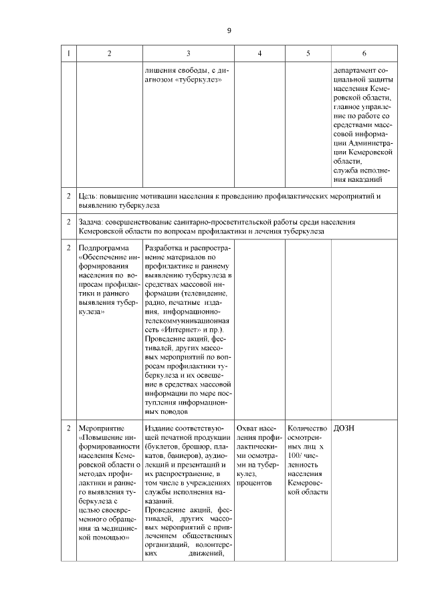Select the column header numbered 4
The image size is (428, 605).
point(259,53)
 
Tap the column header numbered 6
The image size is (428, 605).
point(364,53)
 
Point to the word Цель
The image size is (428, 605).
point(87,197)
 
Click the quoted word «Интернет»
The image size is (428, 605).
point(180,330)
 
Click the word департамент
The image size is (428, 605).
point(359,70)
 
